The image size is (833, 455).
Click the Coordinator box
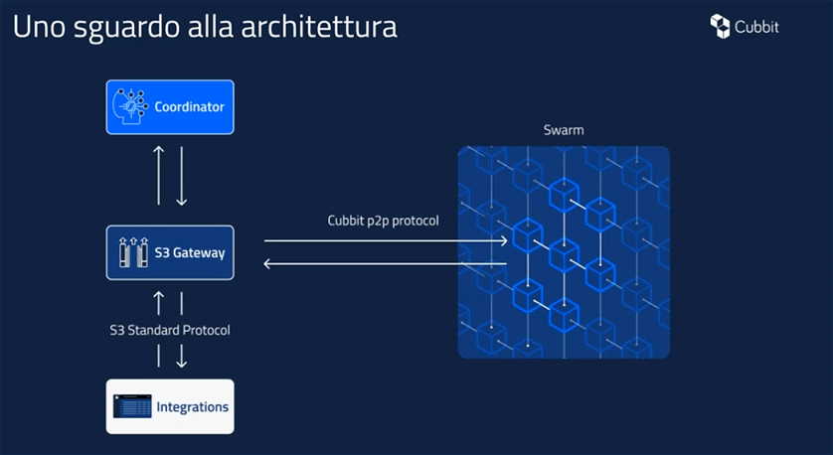[170, 107]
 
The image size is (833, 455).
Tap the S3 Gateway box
[170, 252]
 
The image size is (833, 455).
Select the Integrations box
[170, 406]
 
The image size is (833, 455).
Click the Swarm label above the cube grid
[564, 131]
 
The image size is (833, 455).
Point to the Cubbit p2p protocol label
[383, 220]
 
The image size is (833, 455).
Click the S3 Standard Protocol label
[170, 329]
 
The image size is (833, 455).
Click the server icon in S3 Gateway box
[132, 252]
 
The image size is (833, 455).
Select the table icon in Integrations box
[132, 406]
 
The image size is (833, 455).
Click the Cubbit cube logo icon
[721, 27]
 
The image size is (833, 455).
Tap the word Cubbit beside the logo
[757, 28]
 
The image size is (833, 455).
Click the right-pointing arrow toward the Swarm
[387, 241]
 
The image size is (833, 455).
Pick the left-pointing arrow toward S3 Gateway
[387, 263]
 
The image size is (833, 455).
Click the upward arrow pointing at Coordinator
[159, 176]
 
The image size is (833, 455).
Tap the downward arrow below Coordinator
[181, 176]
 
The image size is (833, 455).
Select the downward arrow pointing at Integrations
[181, 356]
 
